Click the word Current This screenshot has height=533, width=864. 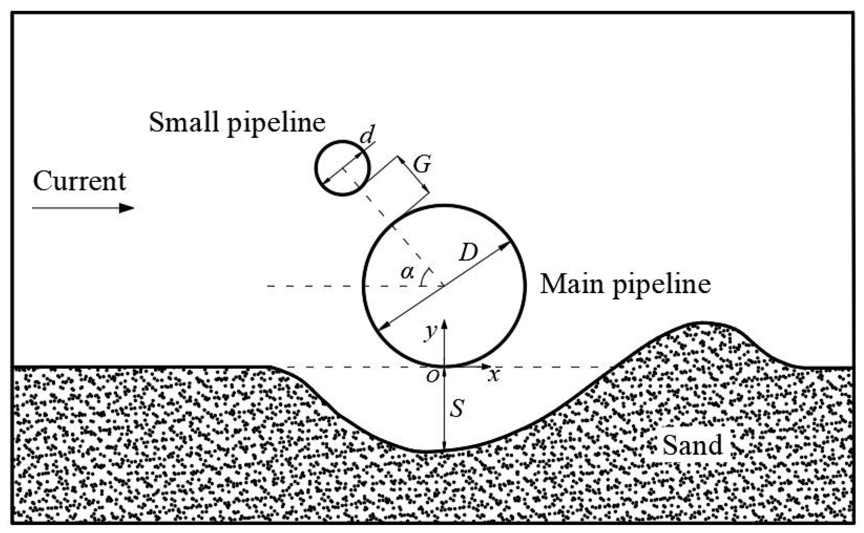click(x=79, y=182)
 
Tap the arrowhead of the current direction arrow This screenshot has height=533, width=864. click(x=127, y=208)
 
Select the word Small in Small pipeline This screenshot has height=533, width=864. click(x=183, y=122)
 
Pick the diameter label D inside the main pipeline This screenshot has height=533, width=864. click(x=468, y=252)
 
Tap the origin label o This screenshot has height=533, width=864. click(x=432, y=377)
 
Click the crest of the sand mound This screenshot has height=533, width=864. click(x=702, y=323)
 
